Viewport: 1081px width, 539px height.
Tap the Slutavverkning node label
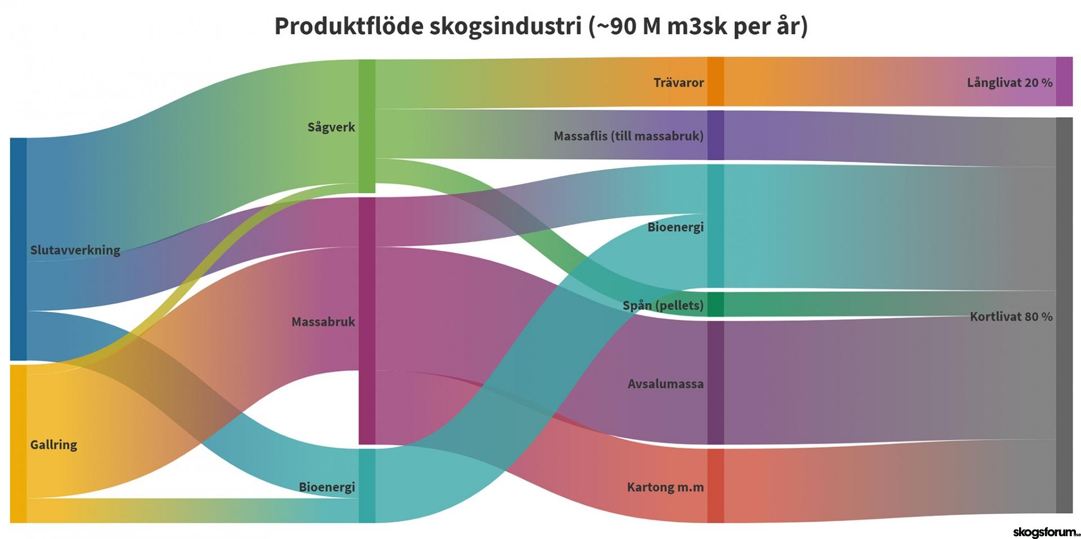point(75,250)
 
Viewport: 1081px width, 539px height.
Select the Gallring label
point(53,445)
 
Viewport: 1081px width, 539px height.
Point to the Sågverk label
point(331,127)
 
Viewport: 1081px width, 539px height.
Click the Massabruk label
point(323,322)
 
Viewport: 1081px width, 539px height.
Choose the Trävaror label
point(678,83)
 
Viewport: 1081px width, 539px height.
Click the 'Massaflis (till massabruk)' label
point(628,136)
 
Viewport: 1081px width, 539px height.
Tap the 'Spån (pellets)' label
point(663,305)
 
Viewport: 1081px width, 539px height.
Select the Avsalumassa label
point(665,384)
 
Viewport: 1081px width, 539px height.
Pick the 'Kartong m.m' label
point(665,487)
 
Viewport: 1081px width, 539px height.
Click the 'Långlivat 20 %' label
point(1009,83)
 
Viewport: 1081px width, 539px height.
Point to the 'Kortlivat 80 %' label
point(1011,317)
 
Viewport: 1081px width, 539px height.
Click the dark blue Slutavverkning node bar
point(19,249)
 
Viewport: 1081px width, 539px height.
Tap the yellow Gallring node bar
point(19,444)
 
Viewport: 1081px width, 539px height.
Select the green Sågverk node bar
point(367,126)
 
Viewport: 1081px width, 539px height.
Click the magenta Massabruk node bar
point(367,321)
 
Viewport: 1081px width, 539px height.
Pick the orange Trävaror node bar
point(716,81)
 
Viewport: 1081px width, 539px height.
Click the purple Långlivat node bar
point(1064,81)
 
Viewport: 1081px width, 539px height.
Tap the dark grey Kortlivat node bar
point(1064,315)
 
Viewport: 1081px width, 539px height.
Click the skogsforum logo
point(1046,532)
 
